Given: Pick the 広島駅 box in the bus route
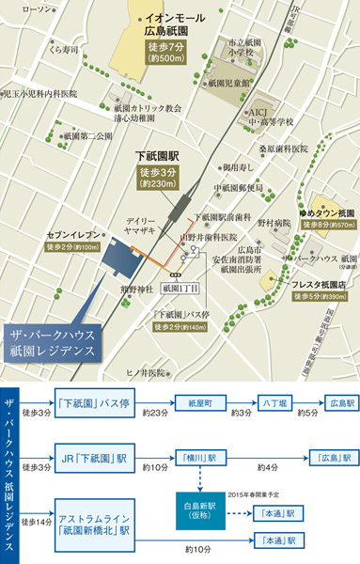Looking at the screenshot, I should coord(336,401).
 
